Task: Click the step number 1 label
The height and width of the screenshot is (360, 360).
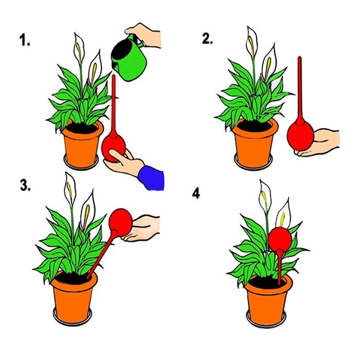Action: pos(25,40)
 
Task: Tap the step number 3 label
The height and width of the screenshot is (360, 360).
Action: pos(25,185)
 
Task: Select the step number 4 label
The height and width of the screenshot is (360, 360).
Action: pos(196,193)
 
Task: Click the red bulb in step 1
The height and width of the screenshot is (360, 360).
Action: pos(113,147)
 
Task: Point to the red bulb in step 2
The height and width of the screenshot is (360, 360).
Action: pos(300,136)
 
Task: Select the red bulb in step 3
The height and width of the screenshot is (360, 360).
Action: pos(120,222)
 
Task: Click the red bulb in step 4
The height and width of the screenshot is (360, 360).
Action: pos(280,239)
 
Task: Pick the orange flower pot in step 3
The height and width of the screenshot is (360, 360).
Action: pos(74,297)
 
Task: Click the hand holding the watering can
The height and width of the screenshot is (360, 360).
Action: pos(144,35)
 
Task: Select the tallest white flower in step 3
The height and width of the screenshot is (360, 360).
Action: pos(70,189)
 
